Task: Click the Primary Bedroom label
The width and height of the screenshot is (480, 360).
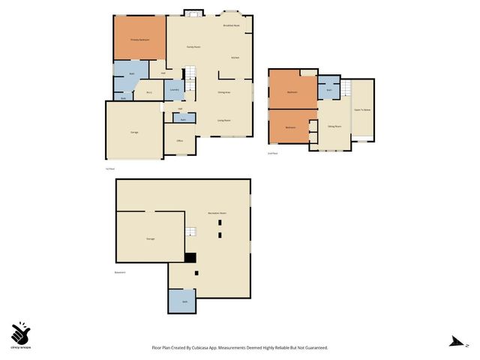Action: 139,39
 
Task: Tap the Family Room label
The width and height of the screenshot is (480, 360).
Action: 193,46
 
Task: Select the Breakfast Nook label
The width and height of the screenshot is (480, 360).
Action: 232,25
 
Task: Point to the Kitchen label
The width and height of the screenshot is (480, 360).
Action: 235,57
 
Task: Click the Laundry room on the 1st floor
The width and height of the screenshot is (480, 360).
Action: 173,91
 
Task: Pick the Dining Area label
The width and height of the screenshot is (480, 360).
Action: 223,92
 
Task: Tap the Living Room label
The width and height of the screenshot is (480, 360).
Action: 223,120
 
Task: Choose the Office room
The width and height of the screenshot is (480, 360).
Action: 180,140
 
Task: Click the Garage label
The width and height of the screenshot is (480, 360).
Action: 134,132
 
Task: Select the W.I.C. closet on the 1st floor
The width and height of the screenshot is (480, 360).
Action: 149,92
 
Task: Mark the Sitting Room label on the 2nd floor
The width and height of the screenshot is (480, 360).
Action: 334,127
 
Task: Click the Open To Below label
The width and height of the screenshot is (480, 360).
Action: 362,110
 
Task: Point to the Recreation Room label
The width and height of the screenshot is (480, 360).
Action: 217,214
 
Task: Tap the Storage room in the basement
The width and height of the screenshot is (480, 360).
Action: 151,238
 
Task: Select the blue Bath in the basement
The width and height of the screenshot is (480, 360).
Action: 183,301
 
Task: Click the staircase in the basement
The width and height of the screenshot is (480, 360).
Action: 190,232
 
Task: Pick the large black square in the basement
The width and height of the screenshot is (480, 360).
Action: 190,257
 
